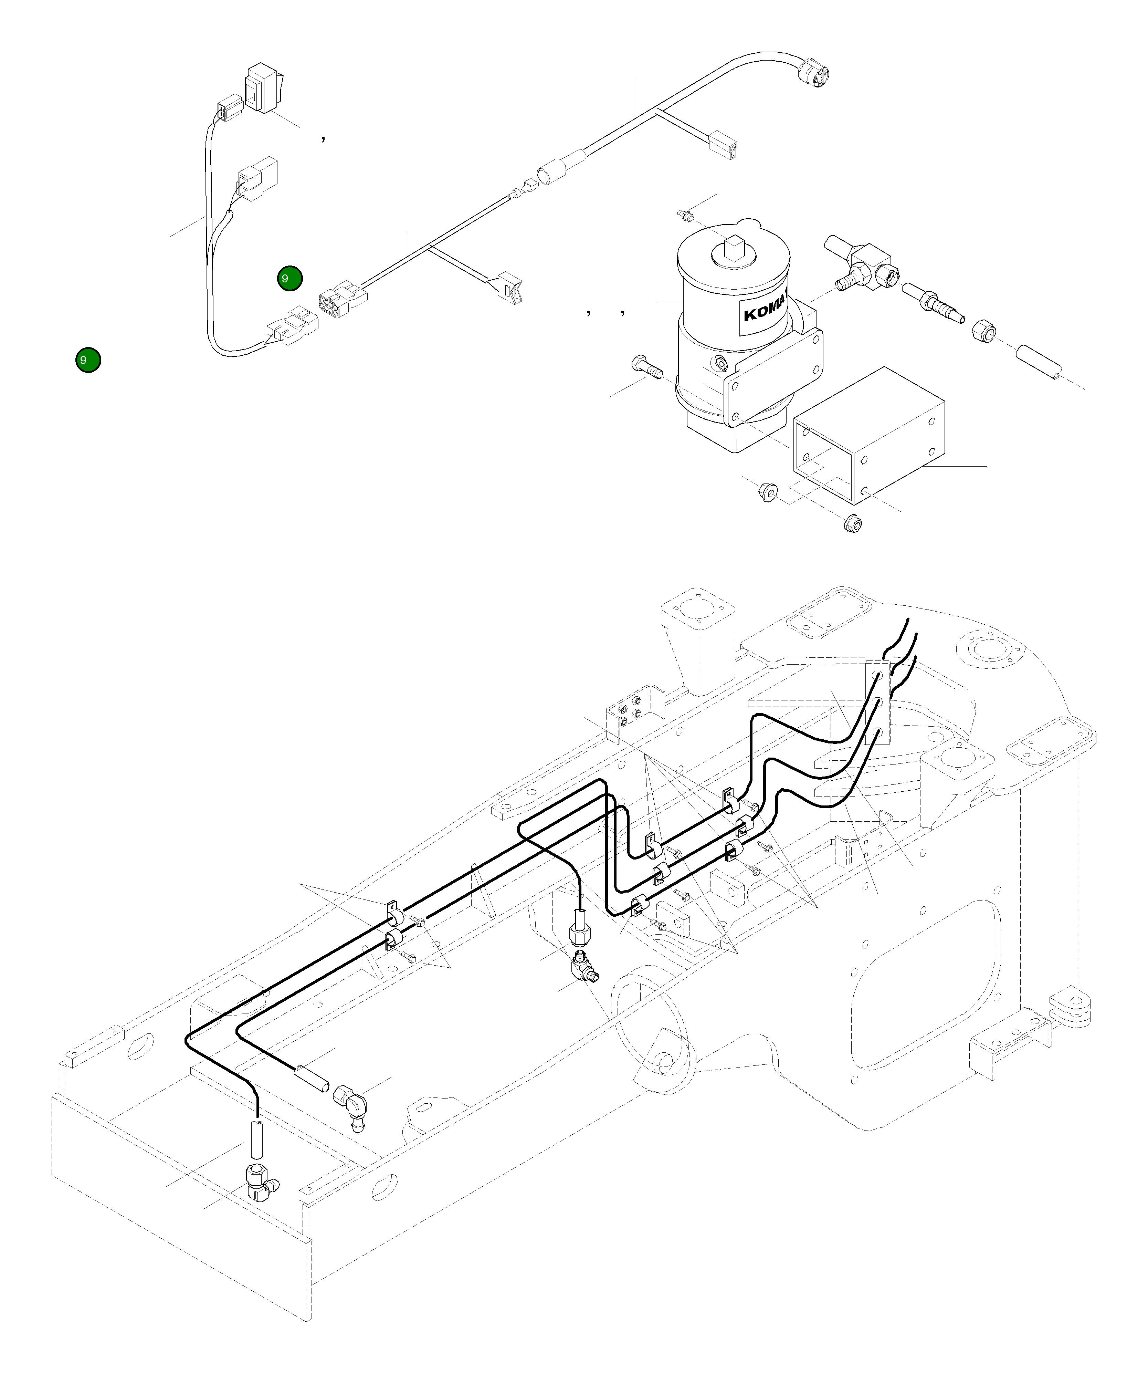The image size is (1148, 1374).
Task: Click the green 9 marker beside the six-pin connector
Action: pyautogui.click(x=289, y=278)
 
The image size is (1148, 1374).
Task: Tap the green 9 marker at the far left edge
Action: pyautogui.click(x=88, y=360)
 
